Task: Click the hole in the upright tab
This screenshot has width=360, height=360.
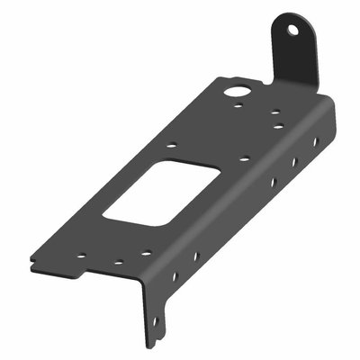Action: [x=292, y=30]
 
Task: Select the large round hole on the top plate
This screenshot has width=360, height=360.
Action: [x=238, y=90]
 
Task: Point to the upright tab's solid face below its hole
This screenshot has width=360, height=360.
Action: [x=296, y=63]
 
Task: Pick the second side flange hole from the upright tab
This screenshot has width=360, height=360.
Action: [x=293, y=162]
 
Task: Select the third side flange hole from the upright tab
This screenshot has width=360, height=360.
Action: [x=272, y=183]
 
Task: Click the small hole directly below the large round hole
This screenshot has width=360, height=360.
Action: [x=236, y=108]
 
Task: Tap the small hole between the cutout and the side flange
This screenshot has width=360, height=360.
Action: [x=244, y=159]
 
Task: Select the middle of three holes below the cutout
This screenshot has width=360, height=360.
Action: [x=117, y=263]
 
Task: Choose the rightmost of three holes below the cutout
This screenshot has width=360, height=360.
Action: [x=142, y=252]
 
